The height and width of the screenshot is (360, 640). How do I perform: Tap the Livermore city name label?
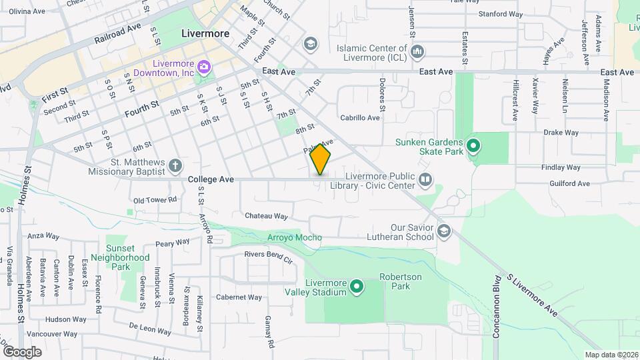(205, 33)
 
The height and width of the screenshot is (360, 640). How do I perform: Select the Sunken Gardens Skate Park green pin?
(473, 145)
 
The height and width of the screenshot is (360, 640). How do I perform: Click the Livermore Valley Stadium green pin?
(357, 287)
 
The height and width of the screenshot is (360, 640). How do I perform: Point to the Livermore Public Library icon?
(425, 179)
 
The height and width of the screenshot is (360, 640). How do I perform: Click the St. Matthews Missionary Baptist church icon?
(175, 165)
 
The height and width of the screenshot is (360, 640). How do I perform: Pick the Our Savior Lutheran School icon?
(444, 231)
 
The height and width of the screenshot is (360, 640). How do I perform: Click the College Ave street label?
(211, 179)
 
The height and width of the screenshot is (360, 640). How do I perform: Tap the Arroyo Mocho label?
(294, 238)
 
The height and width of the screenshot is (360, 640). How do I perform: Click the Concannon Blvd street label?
(496, 307)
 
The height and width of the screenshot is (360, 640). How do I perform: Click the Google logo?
(22, 351)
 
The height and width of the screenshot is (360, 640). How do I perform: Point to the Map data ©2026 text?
(611, 355)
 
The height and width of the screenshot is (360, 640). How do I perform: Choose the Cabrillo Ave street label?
(359, 118)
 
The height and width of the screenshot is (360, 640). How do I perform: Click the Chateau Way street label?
(266, 216)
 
